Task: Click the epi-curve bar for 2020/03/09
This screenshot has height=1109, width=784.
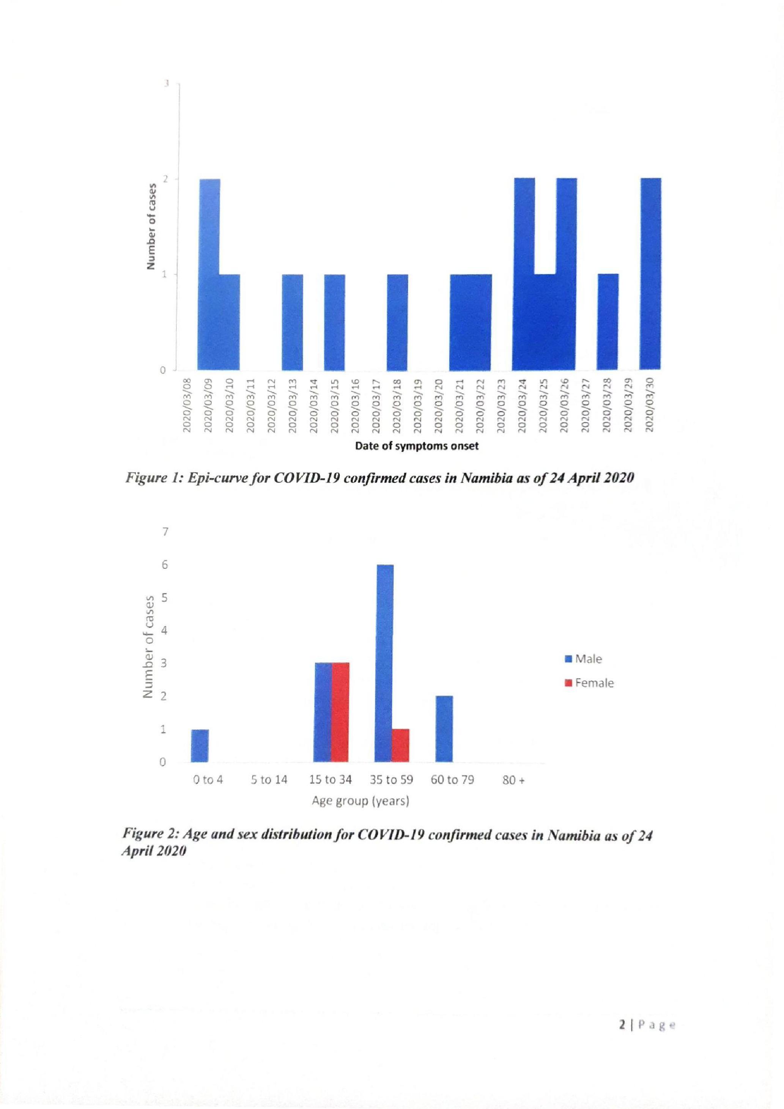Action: coord(209,274)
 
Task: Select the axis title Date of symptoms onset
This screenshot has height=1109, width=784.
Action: coord(416,446)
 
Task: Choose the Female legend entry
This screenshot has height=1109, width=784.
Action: coord(589,683)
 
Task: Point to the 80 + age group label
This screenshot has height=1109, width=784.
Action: coord(513,780)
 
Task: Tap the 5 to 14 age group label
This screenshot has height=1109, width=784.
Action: coord(269,780)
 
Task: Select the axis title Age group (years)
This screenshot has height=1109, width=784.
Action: coord(361,801)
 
